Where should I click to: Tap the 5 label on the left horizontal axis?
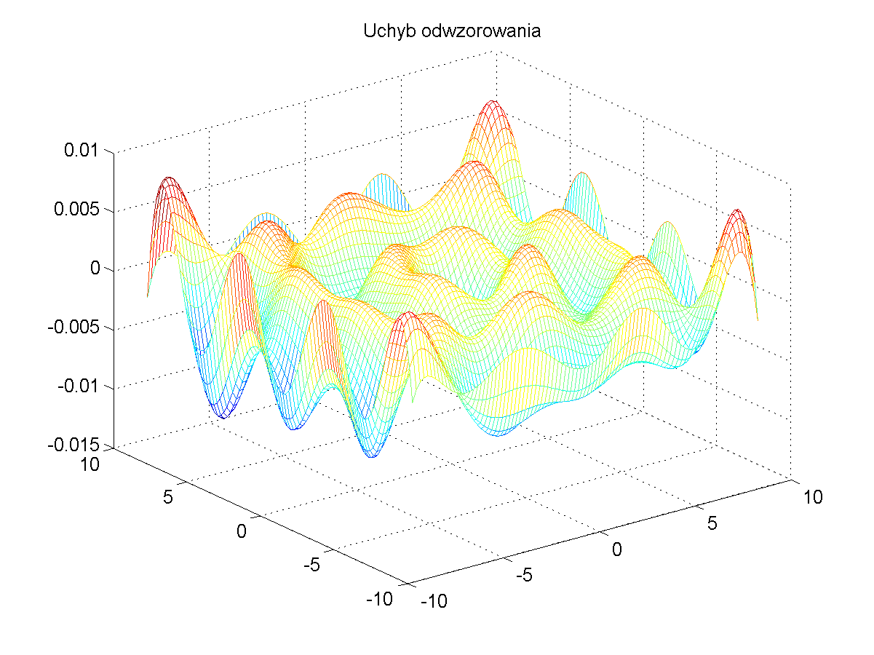(x=169, y=499)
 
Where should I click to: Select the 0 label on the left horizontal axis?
(x=242, y=531)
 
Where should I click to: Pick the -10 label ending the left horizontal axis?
(x=379, y=599)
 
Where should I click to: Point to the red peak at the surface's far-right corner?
(x=738, y=213)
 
